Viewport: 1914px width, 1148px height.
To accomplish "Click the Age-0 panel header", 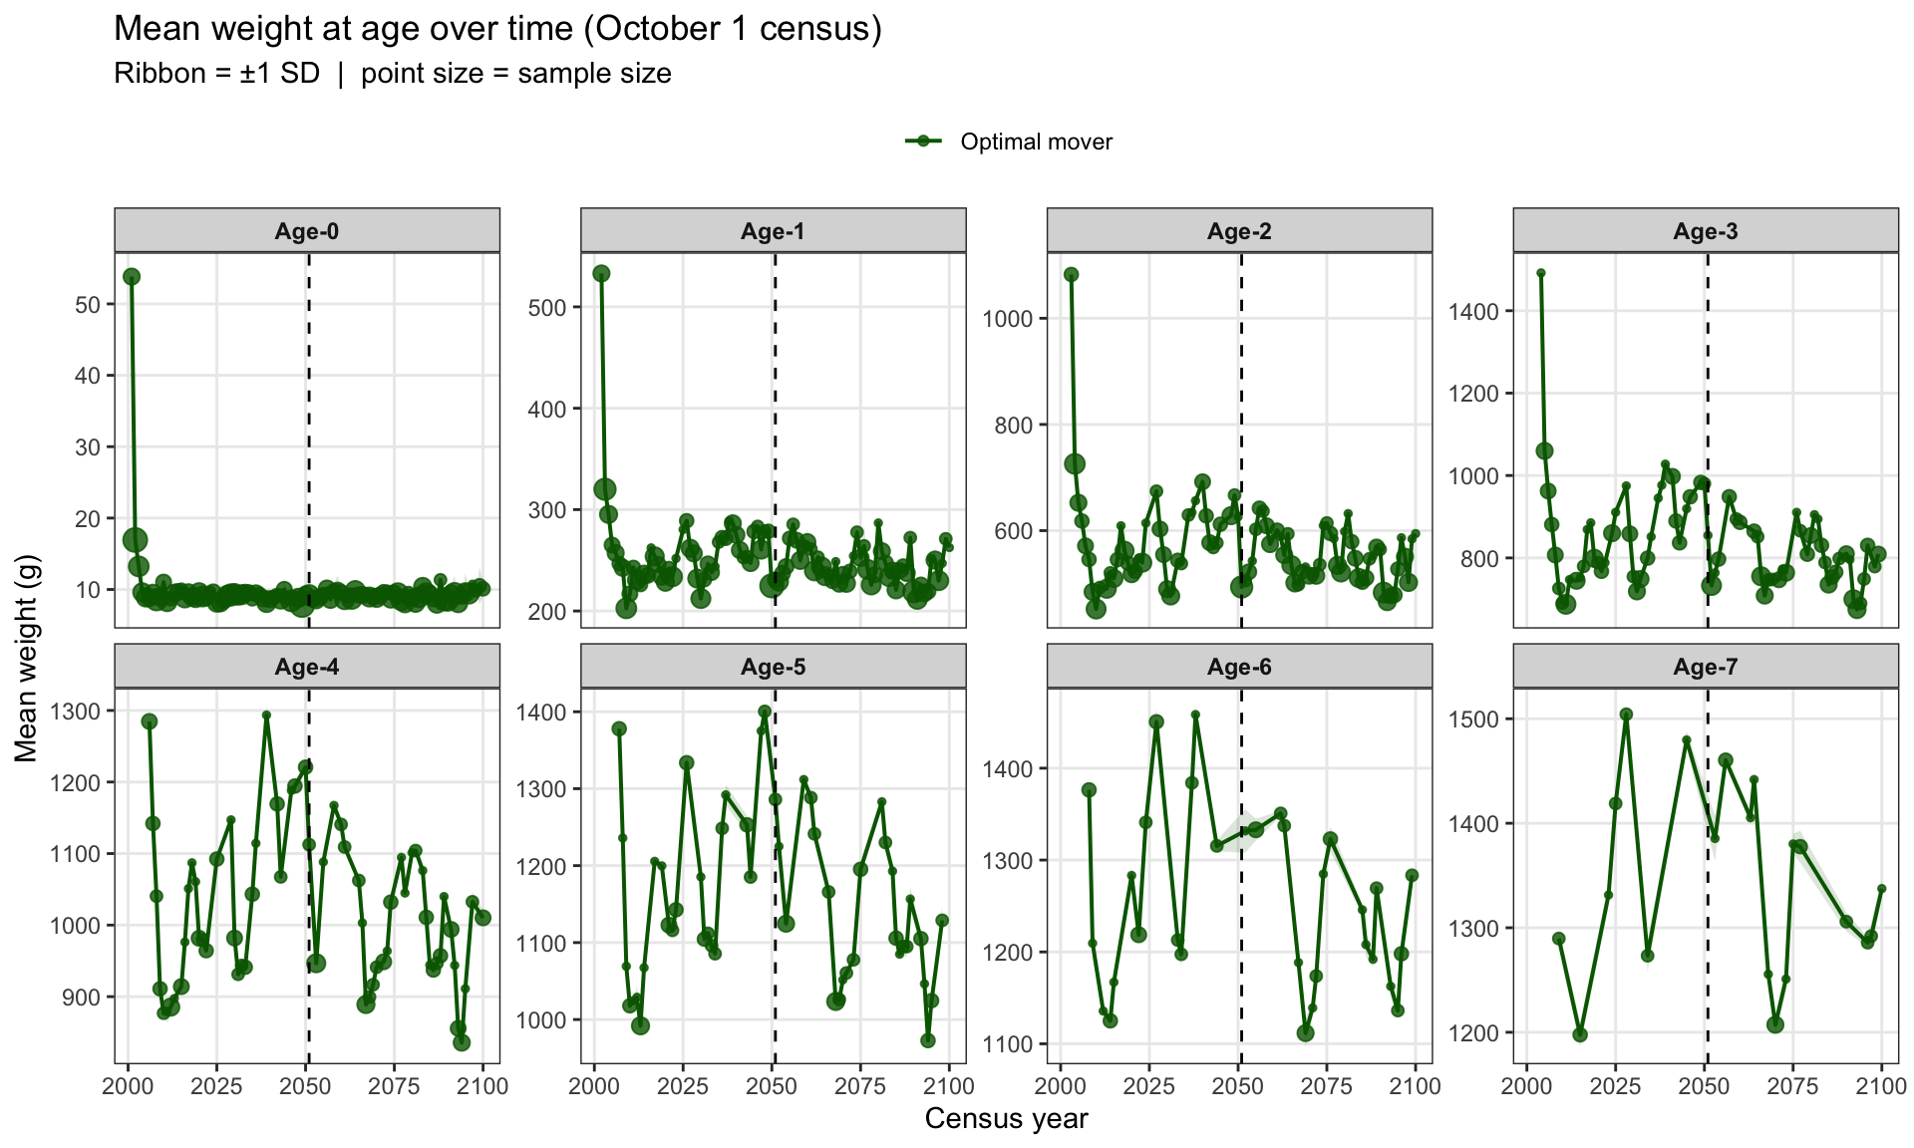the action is click(x=307, y=231).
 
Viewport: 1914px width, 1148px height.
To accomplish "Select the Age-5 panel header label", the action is click(x=773, y=667).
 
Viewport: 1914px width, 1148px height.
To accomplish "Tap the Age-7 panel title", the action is click(x=1706, y=667).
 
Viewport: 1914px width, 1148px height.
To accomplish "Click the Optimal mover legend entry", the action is click(x=1009, y=142).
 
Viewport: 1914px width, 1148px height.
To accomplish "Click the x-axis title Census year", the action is click(x=1006, y=1119).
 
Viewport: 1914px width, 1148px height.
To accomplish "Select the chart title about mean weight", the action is click(x=498, y=29).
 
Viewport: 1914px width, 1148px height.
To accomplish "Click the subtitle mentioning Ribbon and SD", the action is click(x=393, y=74).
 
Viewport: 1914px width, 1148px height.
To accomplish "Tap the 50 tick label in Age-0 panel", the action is click(x=88, y=305).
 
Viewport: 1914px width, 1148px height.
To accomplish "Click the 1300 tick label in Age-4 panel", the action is click(x=76, y=712).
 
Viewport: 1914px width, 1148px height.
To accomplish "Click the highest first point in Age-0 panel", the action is click(x=132, y=276).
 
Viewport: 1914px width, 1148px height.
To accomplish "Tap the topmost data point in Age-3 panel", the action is click(x=1541, y=273).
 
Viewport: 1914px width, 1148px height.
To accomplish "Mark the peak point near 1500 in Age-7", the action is click(x=1626, y=715).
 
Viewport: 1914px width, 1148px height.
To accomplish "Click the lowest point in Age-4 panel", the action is click(x=462, y=1042).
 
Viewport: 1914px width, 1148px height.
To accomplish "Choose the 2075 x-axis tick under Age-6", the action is click(x=1326, y=1086).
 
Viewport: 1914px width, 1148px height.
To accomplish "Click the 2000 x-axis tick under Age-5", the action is click(x=594, y=1086).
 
